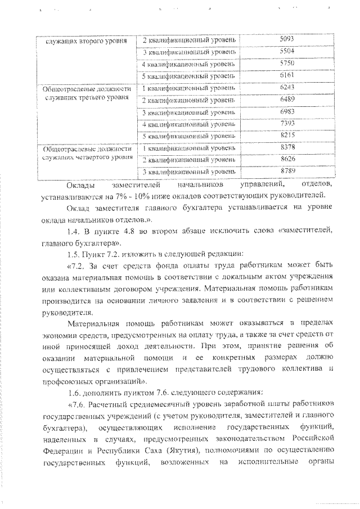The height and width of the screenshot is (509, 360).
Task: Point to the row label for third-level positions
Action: click(x=86, y=93)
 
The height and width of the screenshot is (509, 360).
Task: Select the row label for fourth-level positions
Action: click(x=86, y=153)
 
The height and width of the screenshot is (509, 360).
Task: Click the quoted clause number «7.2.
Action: click(x=77, y=266)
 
